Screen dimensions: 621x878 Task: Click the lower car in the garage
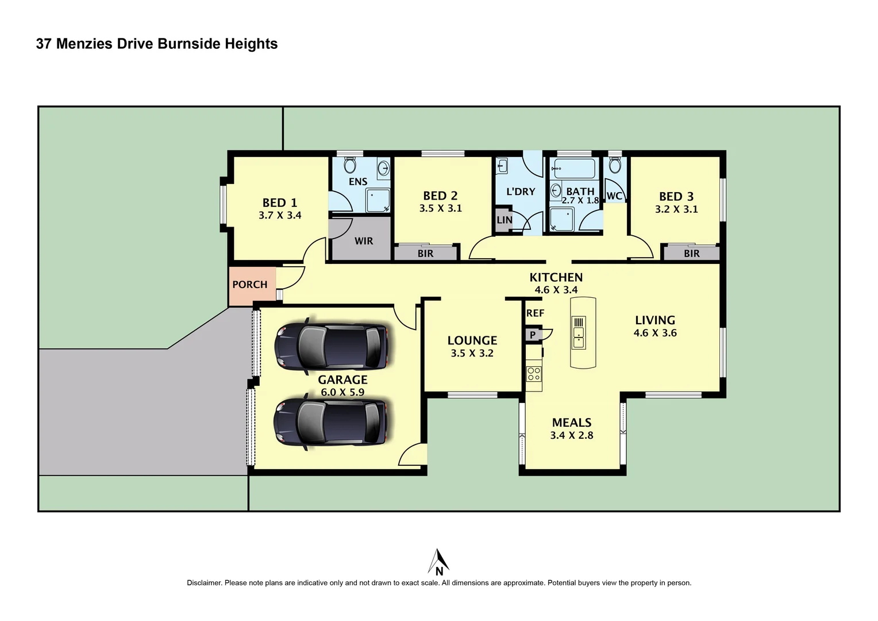(331, 422)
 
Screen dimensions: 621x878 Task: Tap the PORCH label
(249, 285)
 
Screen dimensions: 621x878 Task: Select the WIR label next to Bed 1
(363, 241)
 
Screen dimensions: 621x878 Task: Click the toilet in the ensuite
(349, 166)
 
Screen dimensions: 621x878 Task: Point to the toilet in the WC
(614, 166)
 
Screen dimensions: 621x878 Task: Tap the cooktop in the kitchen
(534, 374)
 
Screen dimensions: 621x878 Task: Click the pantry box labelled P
(533, 335)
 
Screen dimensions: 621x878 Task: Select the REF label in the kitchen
(535, 313)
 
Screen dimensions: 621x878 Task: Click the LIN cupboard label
(504, 220)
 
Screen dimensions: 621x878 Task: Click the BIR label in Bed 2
(425, 254)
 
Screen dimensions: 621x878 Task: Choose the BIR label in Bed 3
(691, 254)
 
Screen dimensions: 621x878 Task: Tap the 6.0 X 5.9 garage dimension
(342, 393)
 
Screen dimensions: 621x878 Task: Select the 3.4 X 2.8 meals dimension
(571, 435)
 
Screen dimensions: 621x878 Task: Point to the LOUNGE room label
(472, 340)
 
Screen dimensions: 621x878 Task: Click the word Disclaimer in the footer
(204, 583)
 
